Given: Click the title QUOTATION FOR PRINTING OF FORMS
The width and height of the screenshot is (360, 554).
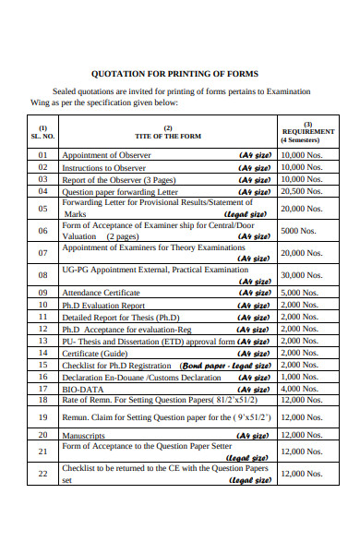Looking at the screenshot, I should pyautogui.click(x=174, y=74).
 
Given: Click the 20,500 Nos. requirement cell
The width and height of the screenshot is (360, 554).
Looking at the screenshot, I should pyautogui.click(x=302, y=191).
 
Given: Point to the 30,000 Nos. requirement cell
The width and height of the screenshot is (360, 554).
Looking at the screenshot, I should pyautogui.click(x=302, y=275).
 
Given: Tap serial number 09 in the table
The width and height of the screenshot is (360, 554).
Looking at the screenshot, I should pyautogui.click(x=42, y=293).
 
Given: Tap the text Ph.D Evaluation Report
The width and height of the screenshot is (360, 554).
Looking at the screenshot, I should pyautogui.click(x=103, y=305).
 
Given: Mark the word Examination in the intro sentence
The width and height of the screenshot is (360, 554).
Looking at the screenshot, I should pyautogui.click(x=283, y=91).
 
